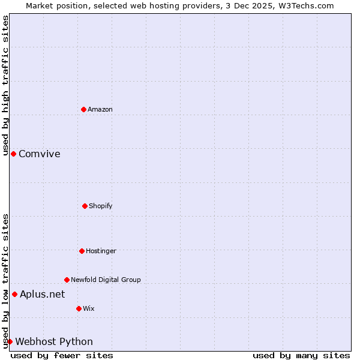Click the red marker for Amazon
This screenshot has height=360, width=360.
(84, 109)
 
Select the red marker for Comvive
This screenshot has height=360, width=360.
(13, 154)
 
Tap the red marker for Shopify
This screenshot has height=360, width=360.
(85, 206)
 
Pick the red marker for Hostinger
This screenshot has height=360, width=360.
(82, 251)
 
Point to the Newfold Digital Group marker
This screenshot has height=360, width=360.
(67, 280)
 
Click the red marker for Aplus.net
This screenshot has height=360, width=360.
(14, 294)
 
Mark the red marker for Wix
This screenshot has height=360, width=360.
(79, 308)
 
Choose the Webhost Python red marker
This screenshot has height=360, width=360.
(10, 341)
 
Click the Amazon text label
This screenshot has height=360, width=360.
(100, 109)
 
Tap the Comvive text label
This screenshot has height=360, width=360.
(40, 154)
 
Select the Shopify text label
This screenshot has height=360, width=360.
(101, 206)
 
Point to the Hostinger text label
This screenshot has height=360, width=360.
(101, 251)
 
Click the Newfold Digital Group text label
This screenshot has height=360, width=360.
(106, 280)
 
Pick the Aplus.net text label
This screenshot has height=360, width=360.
(43, 294)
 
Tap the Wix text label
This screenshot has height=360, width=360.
(89, 308)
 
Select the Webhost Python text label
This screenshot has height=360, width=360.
(54, 341)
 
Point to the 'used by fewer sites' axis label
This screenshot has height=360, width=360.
(62, 355)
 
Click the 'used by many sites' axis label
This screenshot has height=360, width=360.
(301, 355)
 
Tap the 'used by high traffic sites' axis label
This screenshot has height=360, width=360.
(5, 85)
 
